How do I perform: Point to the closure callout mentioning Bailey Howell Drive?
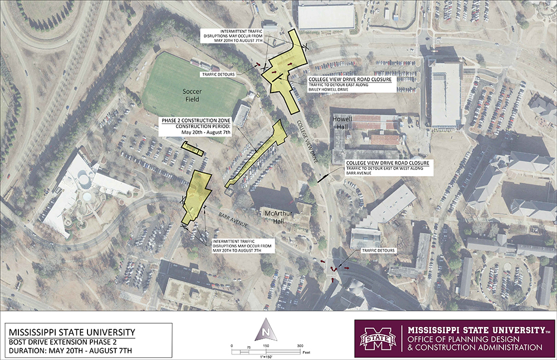point(350,84)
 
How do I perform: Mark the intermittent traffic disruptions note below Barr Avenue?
point(242,246)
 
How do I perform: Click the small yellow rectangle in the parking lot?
point(193,149)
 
